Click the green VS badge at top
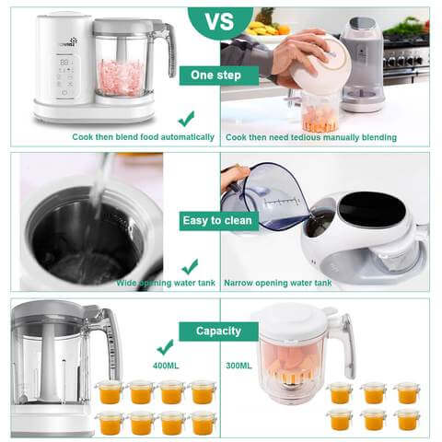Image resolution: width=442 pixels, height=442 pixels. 220,19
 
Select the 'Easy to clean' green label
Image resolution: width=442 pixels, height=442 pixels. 219,220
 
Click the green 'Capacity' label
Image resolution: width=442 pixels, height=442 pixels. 218,331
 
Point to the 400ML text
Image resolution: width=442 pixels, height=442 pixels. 166,365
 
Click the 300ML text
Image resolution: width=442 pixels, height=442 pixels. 238,365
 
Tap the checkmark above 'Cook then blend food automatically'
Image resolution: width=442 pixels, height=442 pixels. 186,118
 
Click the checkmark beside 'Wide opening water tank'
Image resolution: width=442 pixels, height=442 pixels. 190,266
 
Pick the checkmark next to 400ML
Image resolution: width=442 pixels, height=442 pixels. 166,347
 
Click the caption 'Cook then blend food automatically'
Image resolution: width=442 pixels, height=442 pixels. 143,137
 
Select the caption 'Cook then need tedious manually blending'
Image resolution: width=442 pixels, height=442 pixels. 311,137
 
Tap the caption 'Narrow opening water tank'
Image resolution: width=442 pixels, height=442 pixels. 278,283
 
